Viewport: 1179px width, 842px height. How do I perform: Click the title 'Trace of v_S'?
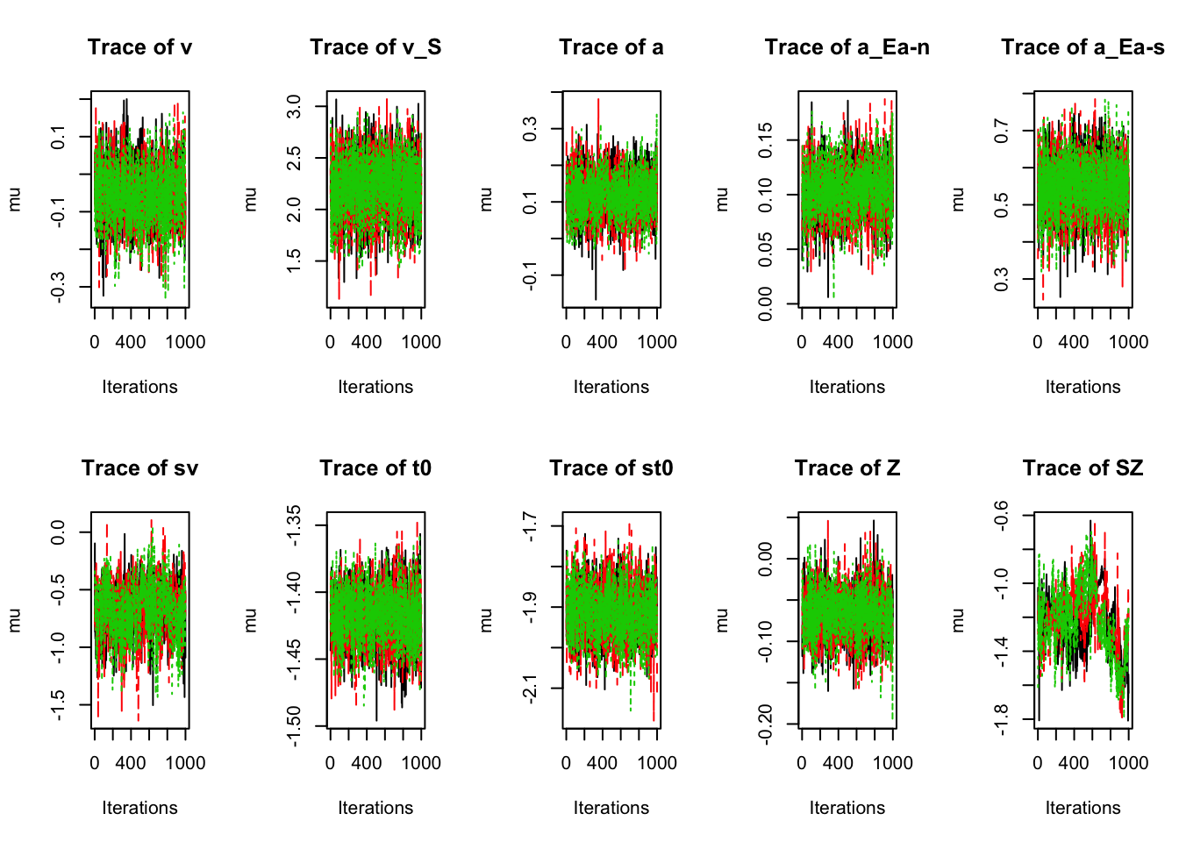tap(375, 47)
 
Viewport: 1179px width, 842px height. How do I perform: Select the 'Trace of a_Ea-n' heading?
tap(847, 47)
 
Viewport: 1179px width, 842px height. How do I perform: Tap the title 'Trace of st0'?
tap(611, 468)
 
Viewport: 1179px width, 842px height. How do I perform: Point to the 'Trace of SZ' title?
tap(1083, 468)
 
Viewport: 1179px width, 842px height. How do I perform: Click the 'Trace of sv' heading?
tap(139, 468)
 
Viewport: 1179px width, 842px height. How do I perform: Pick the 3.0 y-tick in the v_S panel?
tap(295, 108)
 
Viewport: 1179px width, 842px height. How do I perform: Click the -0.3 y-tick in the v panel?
tap(59, 288)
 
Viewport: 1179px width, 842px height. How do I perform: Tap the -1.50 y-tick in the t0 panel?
tap(295, 726)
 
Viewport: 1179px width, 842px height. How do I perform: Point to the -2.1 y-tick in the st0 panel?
tap(530, 688)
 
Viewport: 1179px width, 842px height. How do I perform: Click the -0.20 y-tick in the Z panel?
tap(766, 724)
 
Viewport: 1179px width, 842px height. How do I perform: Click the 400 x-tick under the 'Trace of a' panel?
tap(603, 342)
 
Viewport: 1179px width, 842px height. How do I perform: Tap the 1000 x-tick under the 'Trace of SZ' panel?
tap(1128, 763)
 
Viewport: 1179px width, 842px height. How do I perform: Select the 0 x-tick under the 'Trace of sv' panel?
tap(95, 763)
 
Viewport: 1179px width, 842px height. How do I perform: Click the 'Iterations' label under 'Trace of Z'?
tap(847, 808)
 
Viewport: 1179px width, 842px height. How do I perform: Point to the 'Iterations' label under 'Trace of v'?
tap(139, 387)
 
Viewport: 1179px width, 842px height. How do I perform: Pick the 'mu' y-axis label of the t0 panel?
tap(250, 620)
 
